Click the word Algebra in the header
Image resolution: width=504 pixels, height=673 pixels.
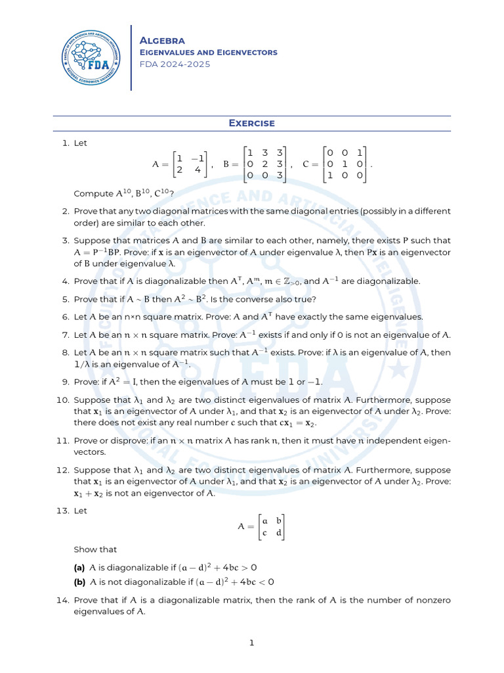point(163,41)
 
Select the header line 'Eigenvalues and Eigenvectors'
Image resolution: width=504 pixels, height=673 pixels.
point(209,53)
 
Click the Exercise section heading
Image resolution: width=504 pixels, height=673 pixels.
point(251,123)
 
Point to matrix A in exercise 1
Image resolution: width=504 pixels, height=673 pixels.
point(188,164)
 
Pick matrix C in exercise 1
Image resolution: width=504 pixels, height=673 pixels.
point(345,164)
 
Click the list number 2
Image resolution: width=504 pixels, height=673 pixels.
point(65,212)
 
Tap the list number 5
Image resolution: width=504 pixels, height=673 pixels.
point(65,299)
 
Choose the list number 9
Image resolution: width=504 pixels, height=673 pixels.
point(65,381)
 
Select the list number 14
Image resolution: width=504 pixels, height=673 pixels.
point(64,601)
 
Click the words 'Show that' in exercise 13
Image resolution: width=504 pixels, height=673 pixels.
point(95,549)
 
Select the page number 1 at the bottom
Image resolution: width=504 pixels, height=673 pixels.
point(251,643)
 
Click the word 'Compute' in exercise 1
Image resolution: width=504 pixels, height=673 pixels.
point(93,194)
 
